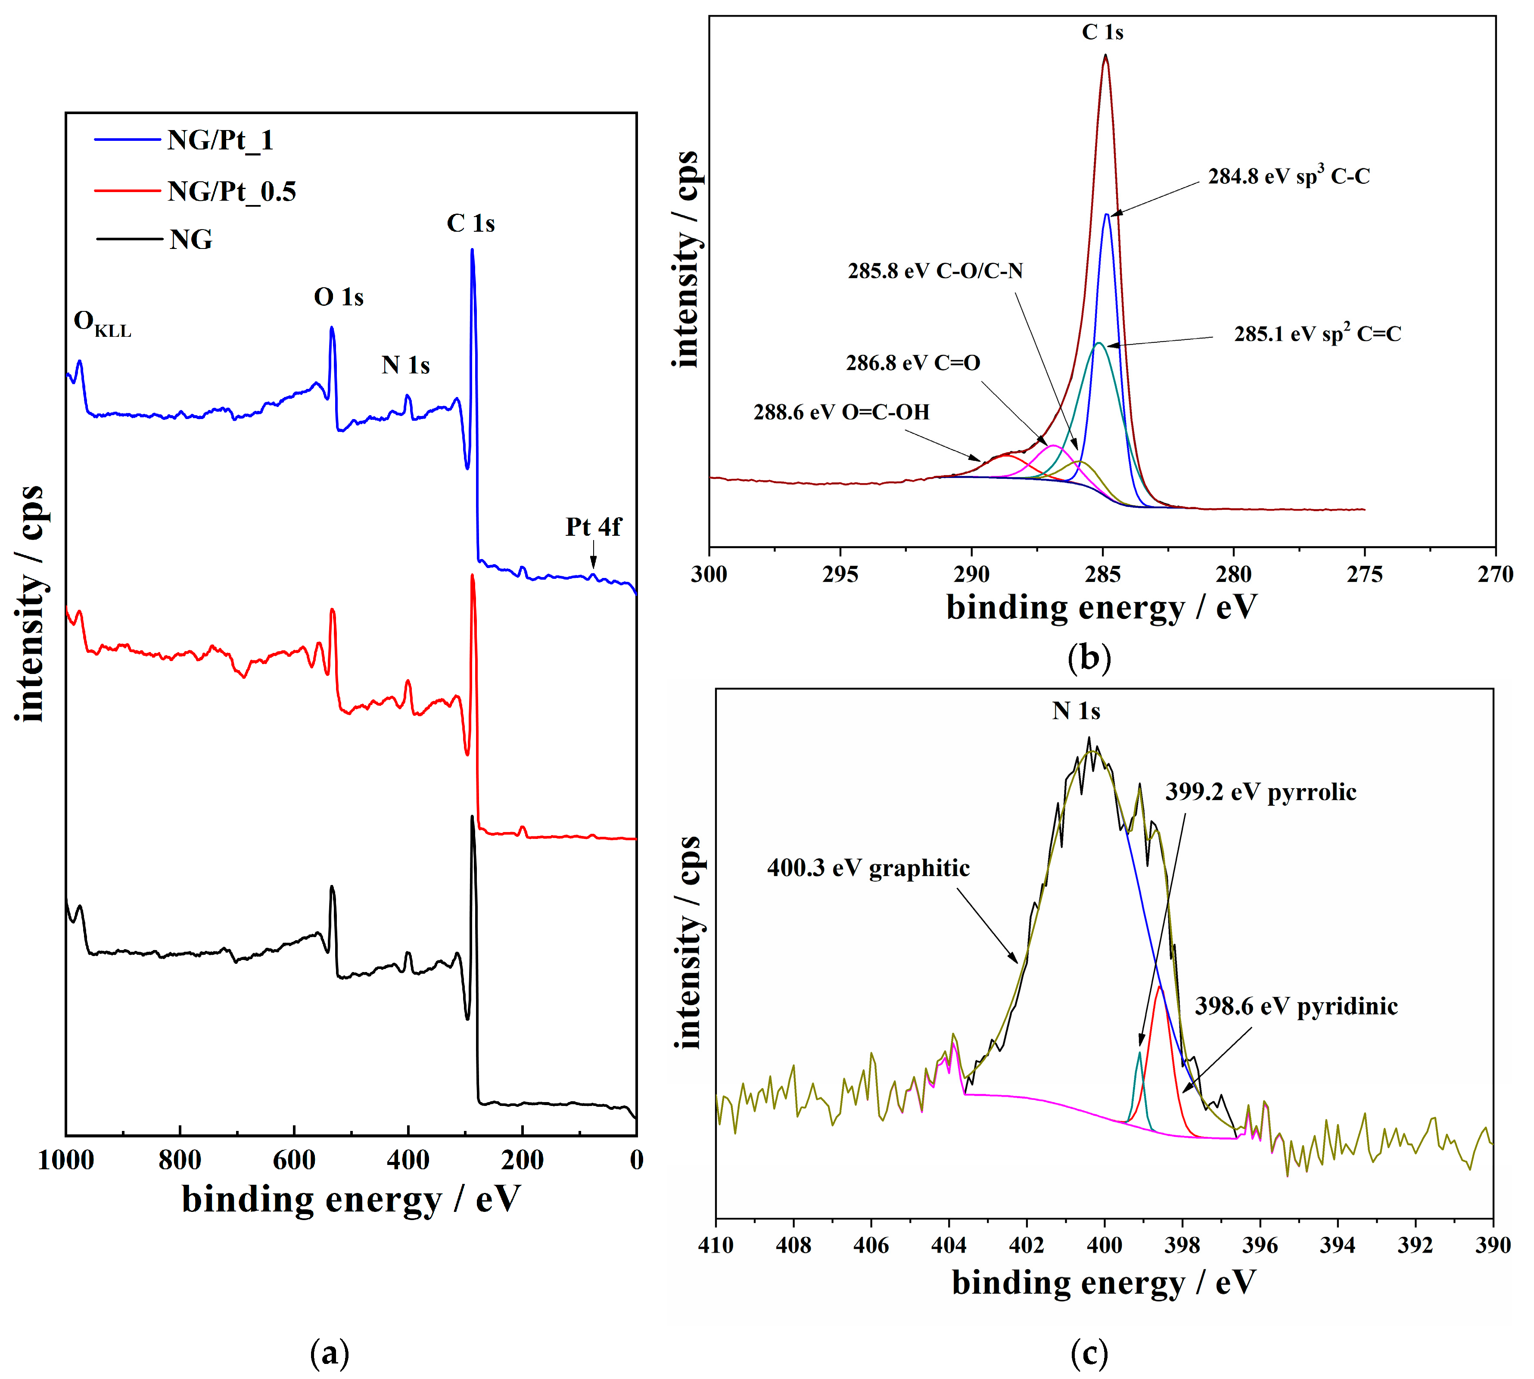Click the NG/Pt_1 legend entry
pyautogui.click(x=220, y=140)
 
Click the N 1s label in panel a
pyautogui.click(x=405, y=365)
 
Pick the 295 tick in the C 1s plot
pyautogui.click(x=840, y=575)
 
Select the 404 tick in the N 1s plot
pyautogui.click(x=949, y=1245)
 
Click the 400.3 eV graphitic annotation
pyautogui.click(x=868, y=867)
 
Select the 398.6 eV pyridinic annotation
pyautogui.click(x=1296, y=1006)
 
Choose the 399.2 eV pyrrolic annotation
pyautogui.click(x=1260, y=792)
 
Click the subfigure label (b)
pyautogui.click(x=1089, y=657)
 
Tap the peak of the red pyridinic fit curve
pyautogui.click(x=1159, y=987)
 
